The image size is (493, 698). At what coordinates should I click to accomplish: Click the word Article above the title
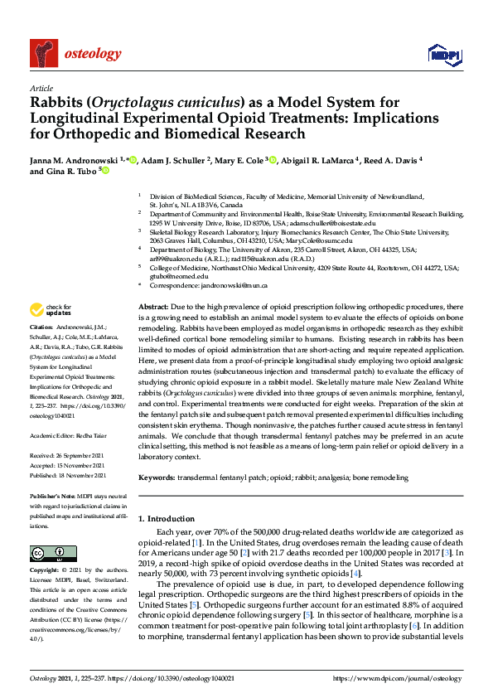coord(41,89)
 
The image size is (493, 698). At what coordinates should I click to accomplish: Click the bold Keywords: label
coord(159,477)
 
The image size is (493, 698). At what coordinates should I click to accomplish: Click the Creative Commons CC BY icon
coord(48,553)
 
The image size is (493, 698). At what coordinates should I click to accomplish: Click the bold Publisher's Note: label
coord(55,495)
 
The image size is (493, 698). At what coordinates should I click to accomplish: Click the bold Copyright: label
coord(46,571)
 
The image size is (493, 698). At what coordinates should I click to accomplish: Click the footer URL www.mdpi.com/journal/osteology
coord(397,678)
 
